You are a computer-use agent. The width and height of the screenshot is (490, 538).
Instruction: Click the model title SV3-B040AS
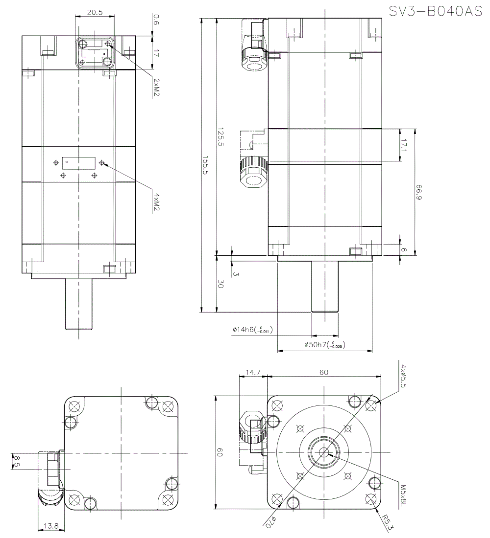click(x=436, y=11)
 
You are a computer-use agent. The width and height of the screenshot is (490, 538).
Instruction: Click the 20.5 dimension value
click(x=95, y=13)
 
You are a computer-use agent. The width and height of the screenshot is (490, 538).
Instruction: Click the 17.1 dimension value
click(x=405, y=145)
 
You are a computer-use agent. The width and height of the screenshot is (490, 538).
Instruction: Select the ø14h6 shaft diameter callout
click(x=251, y=331)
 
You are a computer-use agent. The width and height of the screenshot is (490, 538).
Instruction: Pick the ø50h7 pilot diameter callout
click(x=324, y=345)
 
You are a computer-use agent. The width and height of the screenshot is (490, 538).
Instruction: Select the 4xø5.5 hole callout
click(x=403, y=376)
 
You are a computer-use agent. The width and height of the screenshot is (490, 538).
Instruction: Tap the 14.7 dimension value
click(x=252, y=372)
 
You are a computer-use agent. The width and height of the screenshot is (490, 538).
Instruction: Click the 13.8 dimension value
click(x=50, y=526)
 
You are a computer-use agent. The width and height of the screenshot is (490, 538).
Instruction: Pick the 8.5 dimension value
click(x=17, y=461)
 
